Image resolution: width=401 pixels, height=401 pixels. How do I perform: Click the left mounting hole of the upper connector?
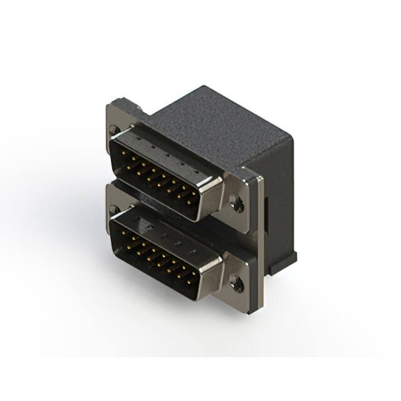[113, 130]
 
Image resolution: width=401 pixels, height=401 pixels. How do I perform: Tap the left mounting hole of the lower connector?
[113, 209]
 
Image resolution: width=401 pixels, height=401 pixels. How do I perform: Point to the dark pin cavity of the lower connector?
[157, 254]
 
